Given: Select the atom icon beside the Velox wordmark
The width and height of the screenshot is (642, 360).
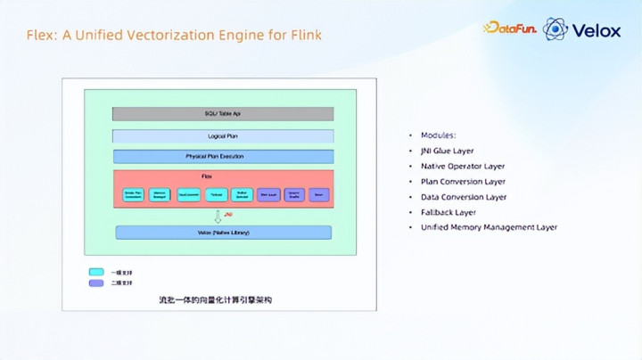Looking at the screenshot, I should (x=556, y=29).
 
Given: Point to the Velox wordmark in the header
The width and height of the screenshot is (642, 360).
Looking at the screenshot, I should (x=597, y=30).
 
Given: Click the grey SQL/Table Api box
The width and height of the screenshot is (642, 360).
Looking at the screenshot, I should (x=223, y=114).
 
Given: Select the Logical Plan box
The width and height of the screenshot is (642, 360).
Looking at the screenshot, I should (x=223, y=136).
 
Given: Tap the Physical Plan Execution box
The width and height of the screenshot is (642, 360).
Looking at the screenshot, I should (x=223, y=157).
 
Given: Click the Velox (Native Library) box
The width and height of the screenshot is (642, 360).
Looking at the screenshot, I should (x=223, y=233).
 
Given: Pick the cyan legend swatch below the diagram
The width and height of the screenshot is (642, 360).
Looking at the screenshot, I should (x=95, y=272).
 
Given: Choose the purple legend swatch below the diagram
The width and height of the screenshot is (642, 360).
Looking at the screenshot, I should (x=95, y=283).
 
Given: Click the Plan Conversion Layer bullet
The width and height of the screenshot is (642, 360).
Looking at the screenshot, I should (x=463, y=182).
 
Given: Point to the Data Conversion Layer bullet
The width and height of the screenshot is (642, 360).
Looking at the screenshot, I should (x=464, y=197).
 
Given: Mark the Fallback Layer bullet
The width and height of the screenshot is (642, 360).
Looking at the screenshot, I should (x=449, y=212).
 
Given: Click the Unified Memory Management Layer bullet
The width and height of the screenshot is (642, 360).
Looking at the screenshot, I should (x=489, y=227).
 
